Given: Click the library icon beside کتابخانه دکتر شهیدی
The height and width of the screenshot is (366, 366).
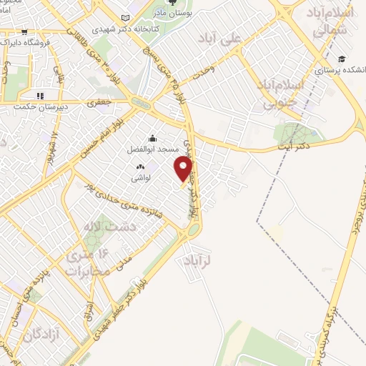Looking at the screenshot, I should (x=127, y=18).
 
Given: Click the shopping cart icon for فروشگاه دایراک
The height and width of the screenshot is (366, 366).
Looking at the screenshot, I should (x=24, y=32).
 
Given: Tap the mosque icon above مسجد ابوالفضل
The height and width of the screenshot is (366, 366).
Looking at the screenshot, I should (x=152, y=139).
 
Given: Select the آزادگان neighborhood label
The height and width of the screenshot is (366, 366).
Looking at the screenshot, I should (x=40, y=335).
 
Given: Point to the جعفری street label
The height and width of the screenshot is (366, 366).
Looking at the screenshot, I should (x=101, y=104).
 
